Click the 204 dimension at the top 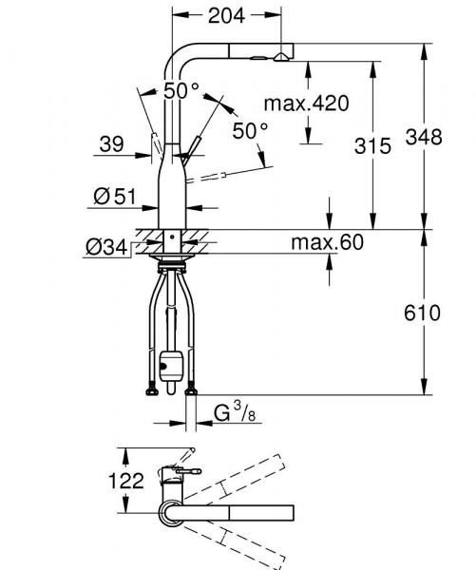pyautogui.click(x=226, y=15)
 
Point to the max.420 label pyautogui.click(x=307, y=103)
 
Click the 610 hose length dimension pyautogui.click(x=422, y=313)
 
